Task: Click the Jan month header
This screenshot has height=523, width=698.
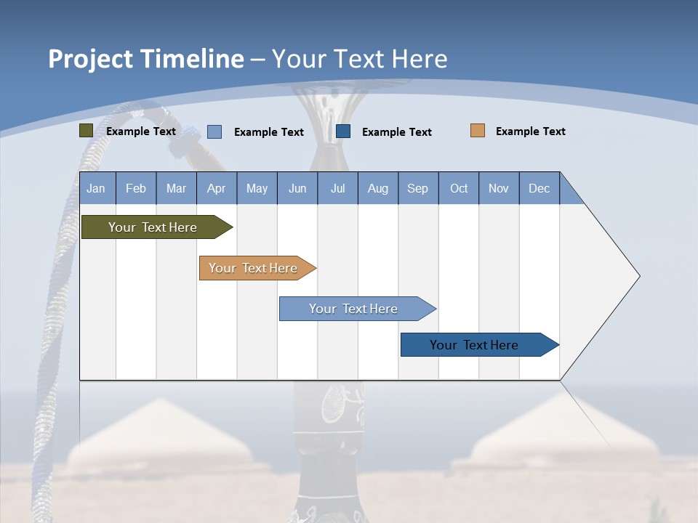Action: click(96, 188)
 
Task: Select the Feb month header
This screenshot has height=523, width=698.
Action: click(136, 188)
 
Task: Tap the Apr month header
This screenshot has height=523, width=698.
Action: click(216, 188)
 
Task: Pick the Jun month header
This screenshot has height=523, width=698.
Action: click(297, 188)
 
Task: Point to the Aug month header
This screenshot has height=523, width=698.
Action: click(377, 188)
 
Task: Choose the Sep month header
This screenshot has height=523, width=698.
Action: click(417, 188)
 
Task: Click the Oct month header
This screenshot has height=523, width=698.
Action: click(459, 188)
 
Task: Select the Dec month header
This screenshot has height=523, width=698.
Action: click(539, 188)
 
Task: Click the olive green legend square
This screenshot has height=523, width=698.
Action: click(86, 131)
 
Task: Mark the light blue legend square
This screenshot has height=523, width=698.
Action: click(214, 131)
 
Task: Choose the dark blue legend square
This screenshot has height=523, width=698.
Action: click(343, 131)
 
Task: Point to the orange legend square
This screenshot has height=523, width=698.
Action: click(477, 131)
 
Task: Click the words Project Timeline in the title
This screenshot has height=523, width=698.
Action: click(146, 59)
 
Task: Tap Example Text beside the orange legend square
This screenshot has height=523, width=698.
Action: click(530, 131)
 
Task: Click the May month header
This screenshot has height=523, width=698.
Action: click(257, 188)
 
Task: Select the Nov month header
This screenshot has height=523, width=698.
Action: click(499, 188)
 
